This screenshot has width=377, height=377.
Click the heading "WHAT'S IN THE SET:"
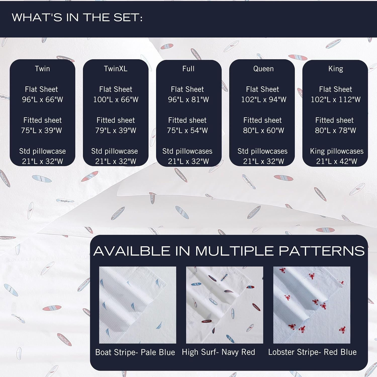tap(77, 18)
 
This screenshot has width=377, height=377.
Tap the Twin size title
tap(42, 69)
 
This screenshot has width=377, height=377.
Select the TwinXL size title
tap(116, 69)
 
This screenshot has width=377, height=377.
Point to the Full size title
tap(189, 69)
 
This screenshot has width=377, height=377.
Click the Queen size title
tap(263, 69)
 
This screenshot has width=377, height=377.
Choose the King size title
tap(336, 69)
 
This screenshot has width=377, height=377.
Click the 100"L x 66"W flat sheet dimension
tap(116, 100)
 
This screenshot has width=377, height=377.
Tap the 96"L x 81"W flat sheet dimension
tap(189, 100)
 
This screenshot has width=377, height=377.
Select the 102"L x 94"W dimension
tap(264, 100)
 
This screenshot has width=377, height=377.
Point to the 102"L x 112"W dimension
tap(336, 100)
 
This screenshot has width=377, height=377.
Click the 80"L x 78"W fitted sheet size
tap(336, 130)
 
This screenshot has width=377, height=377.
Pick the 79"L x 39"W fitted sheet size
tap(116, 130)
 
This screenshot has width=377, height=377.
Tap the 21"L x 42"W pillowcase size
tap(337, 161)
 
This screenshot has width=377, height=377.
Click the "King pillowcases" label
tap(337, 151)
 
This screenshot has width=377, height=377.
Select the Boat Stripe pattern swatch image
tap(137, 305)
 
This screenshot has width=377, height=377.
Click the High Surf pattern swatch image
tap(224, 305)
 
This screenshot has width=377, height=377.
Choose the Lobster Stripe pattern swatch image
tap(312, 305)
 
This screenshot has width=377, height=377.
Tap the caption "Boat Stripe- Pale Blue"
tap(135, 352)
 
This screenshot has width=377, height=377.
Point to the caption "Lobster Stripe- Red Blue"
tap(312, 352)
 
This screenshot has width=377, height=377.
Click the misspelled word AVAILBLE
tap(132, 251)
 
